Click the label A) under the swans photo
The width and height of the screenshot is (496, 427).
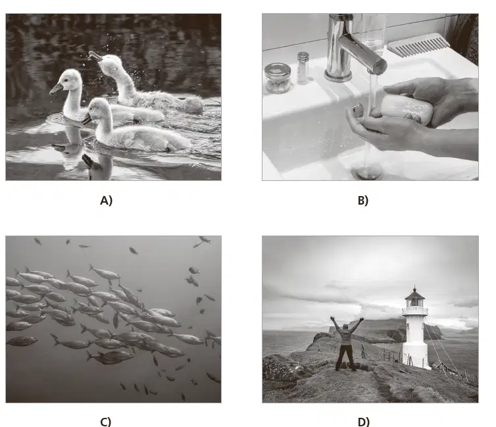[x=107, y=201]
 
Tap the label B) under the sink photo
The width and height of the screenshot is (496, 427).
[x=363, y=201]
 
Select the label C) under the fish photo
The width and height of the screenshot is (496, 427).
[x=106, y=422]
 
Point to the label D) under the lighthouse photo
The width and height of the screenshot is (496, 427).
[x=364, y=422]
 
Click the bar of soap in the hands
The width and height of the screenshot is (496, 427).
[x=406, y=109]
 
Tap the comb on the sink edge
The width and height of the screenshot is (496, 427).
[x=418, y=45]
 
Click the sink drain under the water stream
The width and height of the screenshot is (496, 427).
[x=366, y=172]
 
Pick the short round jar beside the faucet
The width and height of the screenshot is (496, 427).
[x=278, y=78]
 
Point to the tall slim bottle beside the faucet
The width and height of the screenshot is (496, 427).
[x=303, y=68]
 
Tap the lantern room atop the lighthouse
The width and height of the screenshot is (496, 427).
[x=414, y=299]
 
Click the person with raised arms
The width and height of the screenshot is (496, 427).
[x=346, y=343]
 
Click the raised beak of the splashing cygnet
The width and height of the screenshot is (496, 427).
[x=95, y=57]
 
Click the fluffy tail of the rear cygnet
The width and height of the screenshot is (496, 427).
[x=192, y=104]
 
